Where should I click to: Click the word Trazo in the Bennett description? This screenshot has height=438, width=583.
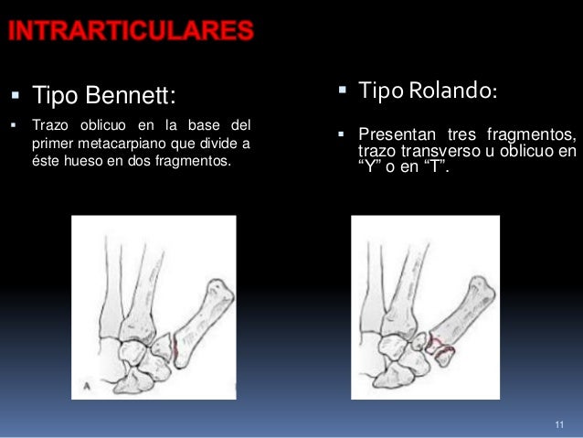(50, 124)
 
